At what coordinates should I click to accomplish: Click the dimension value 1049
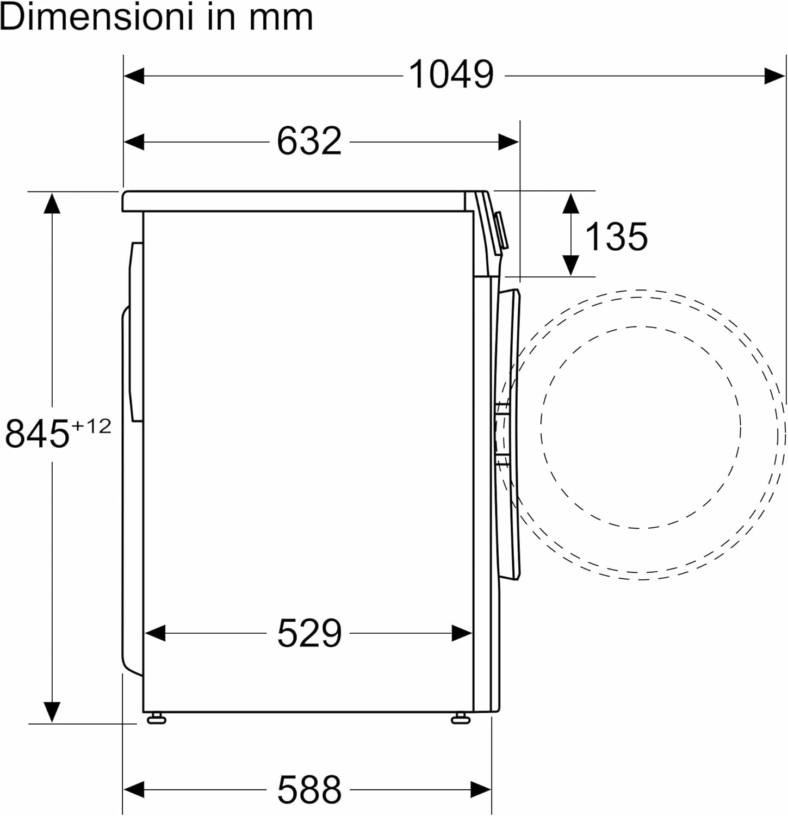point(451,75)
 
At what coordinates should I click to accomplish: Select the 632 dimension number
point(309,141)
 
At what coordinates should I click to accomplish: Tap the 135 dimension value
point(616,237)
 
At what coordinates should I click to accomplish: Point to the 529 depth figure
point(309,633)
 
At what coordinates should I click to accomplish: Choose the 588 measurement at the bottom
point(309,789)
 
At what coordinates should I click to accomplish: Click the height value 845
point(38,433)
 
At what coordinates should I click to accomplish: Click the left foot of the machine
point(156,718)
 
